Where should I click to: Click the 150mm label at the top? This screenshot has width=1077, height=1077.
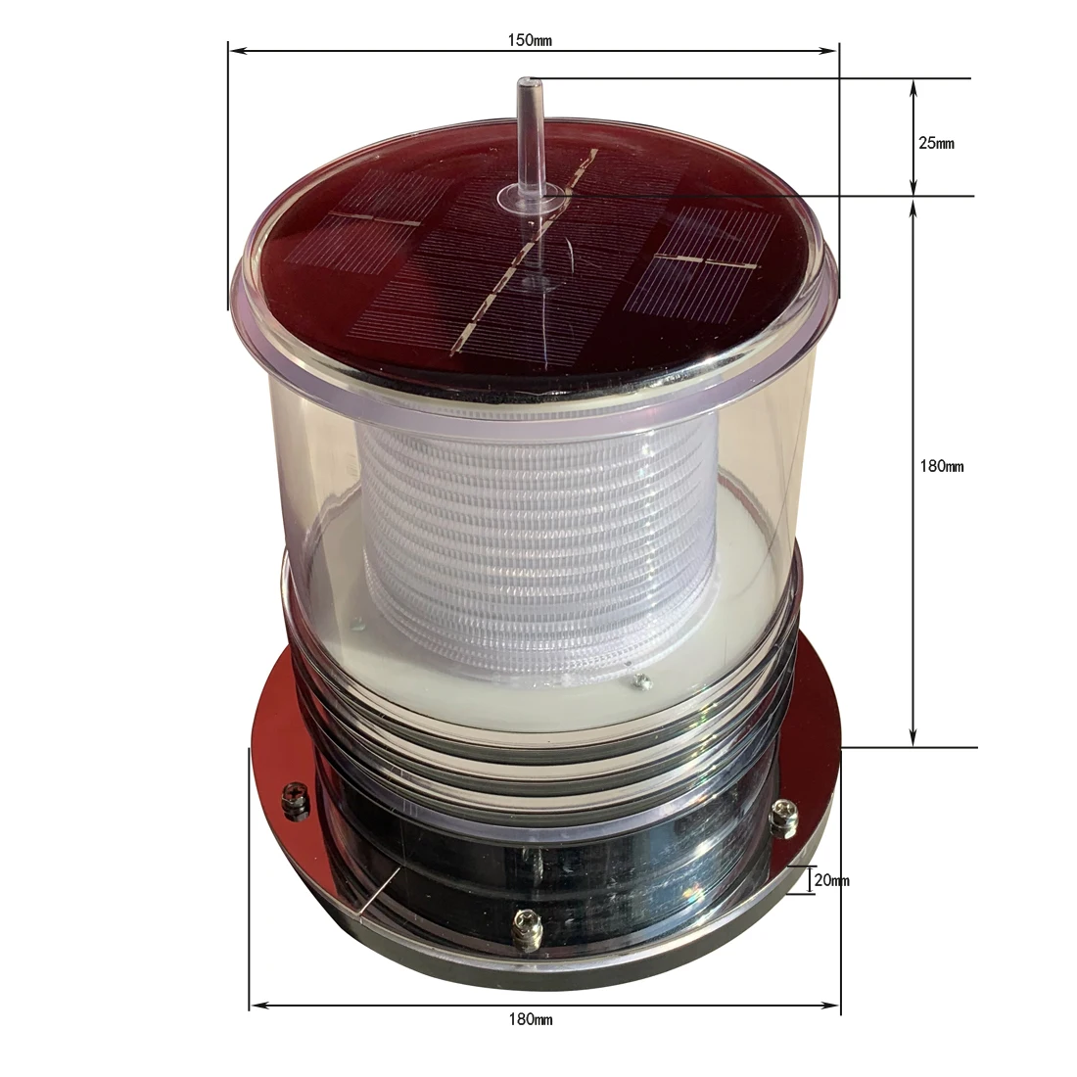pyautogui.click(x=531, y=40)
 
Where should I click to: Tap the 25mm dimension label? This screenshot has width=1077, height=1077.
pyautogui.click(x=936, y=143)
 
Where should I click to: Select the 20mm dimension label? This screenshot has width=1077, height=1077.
pyautogui.click(x=831, y=880)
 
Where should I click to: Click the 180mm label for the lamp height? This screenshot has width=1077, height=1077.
pyautogui.click(x=942, y=466)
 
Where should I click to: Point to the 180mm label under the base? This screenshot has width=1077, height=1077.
pyautogui.click(x=531, y=1019)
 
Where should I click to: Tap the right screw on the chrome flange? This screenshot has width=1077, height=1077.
pyautogui.click(x=783, y=816)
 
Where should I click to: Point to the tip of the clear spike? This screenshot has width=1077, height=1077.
pyautogui.click(x=529, y=83)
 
